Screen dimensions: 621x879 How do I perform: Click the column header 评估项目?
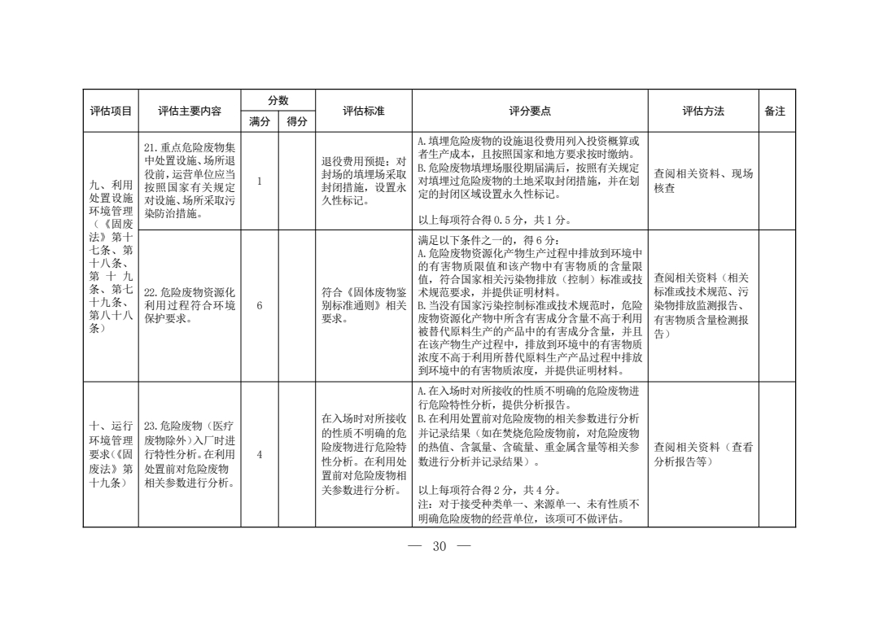point(111,112)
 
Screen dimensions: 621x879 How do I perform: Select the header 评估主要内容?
point(190,112)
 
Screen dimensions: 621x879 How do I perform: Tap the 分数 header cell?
point(278,101)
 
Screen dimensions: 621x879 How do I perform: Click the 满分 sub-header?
point(260,122)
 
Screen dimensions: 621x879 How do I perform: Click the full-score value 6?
point(259,306)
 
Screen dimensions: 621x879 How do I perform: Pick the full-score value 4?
point(259,455)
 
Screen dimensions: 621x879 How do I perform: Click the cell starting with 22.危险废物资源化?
point(190,305)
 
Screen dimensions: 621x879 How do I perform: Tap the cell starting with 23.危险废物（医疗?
point(190,455)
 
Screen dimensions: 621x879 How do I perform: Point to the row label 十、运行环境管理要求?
point(111,455)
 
